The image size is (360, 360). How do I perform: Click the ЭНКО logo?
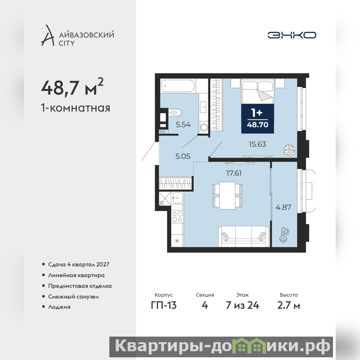coord(292,35)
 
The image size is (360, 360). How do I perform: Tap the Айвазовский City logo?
coord(77,36)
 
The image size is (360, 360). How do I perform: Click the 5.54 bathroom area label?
coord(183,125)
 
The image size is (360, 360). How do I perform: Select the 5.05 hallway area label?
coord(183,156)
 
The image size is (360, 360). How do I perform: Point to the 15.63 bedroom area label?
coord(257,144)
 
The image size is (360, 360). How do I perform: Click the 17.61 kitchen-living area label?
coord(234,173)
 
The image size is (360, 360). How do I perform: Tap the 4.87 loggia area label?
coord(283,207)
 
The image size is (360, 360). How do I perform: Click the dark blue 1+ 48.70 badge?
coord(257,118)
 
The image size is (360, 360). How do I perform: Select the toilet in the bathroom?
coord(175,113)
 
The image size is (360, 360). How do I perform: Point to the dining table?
coord(227,196)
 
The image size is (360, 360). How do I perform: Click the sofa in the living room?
coord(243,237)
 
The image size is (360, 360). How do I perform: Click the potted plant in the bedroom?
coord(290,150)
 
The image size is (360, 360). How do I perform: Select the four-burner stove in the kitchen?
coord(177,216)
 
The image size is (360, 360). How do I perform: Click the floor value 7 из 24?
coord(243,306)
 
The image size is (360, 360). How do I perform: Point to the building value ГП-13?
coord(164,306)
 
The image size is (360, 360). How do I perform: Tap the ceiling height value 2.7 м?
coord(288,306)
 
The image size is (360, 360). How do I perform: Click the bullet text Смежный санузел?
coord(73,297)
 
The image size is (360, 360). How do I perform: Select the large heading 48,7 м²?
coord(72,87)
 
